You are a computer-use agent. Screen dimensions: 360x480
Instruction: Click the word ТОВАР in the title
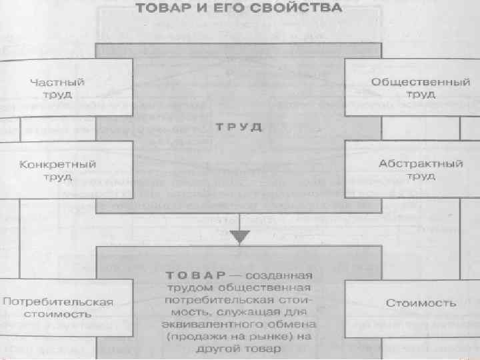click(164, 10)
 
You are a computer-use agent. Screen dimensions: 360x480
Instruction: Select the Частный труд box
click(58, 89)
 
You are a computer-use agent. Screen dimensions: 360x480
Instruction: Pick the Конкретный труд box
click(58, 169)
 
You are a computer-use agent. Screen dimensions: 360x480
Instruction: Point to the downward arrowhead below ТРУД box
click(239, 237)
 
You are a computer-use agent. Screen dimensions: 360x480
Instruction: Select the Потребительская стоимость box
click(58, 307)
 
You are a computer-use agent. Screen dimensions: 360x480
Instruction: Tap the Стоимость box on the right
click(421, 303)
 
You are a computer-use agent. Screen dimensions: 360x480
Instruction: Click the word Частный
click(58, 83)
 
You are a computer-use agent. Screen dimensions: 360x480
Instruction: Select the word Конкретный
click(58, 163)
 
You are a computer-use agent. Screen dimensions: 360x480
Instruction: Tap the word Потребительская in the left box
click(58, 301)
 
